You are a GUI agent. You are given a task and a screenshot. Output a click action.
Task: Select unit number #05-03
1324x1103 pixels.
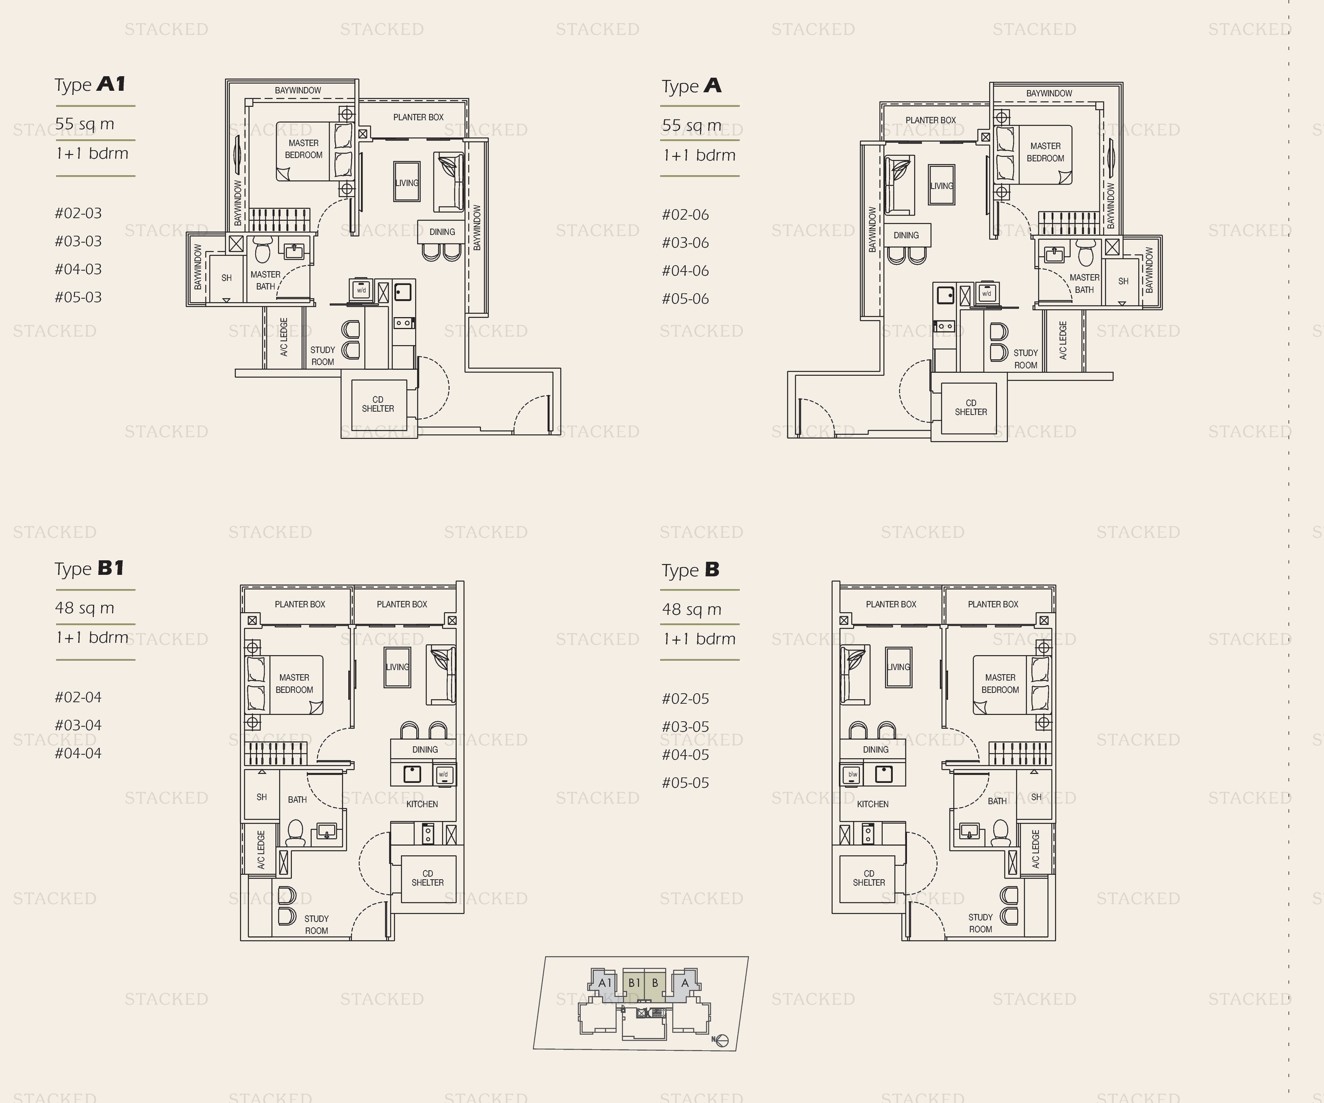click(78, 297)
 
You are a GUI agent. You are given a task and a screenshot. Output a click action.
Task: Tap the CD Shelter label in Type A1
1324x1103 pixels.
click(378, 404)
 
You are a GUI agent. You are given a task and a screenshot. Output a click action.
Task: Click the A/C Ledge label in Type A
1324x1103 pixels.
click(1063, 340)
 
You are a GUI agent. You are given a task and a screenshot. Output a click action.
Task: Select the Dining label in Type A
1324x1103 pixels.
click(906, 235)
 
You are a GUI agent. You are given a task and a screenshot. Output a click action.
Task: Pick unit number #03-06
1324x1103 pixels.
click(685, 243)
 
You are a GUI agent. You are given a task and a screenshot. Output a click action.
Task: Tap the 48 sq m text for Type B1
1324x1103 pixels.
click(84, 608)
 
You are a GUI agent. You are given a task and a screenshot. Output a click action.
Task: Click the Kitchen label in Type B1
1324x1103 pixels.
click(422, 804)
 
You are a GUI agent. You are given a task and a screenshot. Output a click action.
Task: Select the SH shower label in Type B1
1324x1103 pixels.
click(262, 797)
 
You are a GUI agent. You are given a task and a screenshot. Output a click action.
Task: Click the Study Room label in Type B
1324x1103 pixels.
click(981, 923)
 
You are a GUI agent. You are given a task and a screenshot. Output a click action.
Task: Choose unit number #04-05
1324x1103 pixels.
click(685, 755)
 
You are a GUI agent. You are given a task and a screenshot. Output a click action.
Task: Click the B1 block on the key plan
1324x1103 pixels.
click(634, 983)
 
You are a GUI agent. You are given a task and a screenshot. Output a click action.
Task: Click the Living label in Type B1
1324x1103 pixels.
click(397, 667)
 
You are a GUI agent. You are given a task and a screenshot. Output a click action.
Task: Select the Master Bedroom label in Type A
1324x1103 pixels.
click(1045, 152)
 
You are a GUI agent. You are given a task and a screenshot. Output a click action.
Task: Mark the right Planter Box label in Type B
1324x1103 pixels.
click(993, 604)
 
